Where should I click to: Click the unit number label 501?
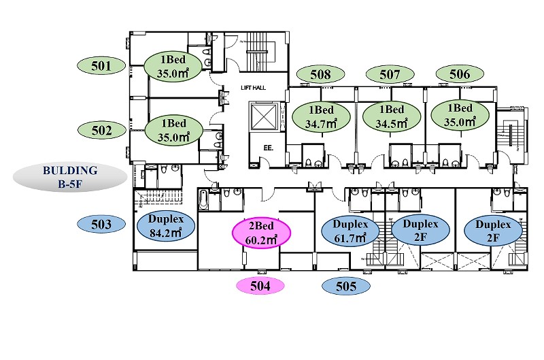[101, 65]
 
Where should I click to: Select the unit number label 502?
[101, 130]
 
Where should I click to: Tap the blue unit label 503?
[101, 225]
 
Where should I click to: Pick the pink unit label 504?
[260, 286]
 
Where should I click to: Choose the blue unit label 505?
[346, 286]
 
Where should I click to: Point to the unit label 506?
[460, 74]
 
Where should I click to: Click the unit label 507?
[390, 74]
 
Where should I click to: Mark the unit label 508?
[320, 74]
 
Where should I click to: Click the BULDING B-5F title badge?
[70, 177]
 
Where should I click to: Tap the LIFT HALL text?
[253, 88]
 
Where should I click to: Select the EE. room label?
[268, 148]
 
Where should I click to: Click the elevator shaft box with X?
[264, 116]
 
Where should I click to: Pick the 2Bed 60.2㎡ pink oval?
[261, 233]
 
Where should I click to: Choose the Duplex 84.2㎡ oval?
[166, 226]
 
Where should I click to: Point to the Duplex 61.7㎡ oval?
[350, 231]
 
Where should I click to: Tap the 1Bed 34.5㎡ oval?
[392, 116]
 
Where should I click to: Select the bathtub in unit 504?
[203, 200]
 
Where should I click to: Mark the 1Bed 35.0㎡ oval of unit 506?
[460, 115]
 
